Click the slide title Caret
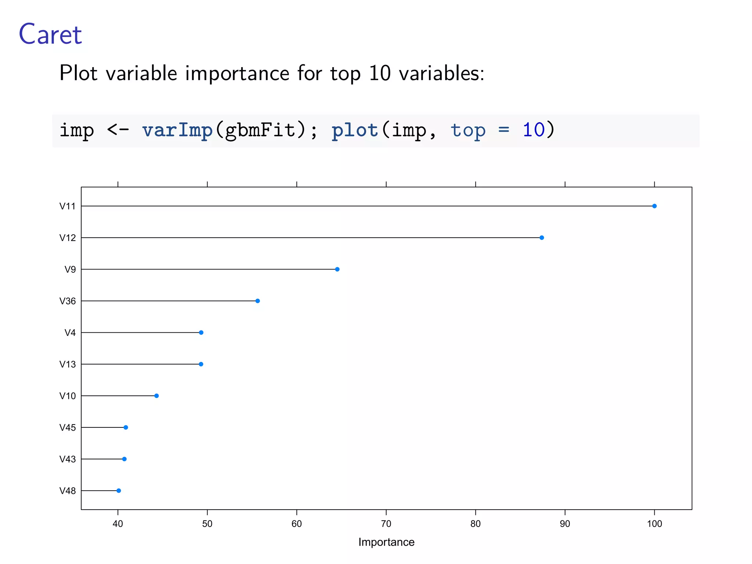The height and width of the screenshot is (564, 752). pyautogui.click(x=50, y=35)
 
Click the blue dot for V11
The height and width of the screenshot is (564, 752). pyautogui.click(x=654, y=206)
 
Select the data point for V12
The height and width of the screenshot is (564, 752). pyautogui.click(x=542, y=238)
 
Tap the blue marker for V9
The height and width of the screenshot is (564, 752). pyautogui.click(x=337, y=269)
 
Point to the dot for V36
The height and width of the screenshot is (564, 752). pyautogui.click(x=257, y=301)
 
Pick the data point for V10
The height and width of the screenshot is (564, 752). pyautogui.click(x=156, y=396)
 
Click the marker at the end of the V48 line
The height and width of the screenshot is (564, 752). pyautogui.click(x=119, y=491)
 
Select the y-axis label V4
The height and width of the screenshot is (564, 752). pyautogui.click(x=70, y=333)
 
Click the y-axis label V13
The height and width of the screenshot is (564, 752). pyautogui.click(x=68, y=364)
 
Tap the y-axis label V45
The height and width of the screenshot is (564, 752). pyautogui.click(x=68, y=427)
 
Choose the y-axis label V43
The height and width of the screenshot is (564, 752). pyautogui.click(x=68, y=459)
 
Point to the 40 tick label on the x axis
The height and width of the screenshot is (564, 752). pyautogui.click(x=118, y=524)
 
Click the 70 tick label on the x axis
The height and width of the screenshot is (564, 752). pyautogui.click(x=386, y=524)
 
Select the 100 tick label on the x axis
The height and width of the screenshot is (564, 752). pyautogui.click(x=654, y=524)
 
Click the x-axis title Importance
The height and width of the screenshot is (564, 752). pyautogui.click(x=386, y=542)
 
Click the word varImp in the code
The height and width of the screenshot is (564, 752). pyautogui.click(x=177, y=130)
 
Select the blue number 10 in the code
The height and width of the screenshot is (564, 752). pyautogui.click(x=534, y=130)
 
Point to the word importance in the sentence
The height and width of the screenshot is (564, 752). pyautogui.click(x=237, y=73)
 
